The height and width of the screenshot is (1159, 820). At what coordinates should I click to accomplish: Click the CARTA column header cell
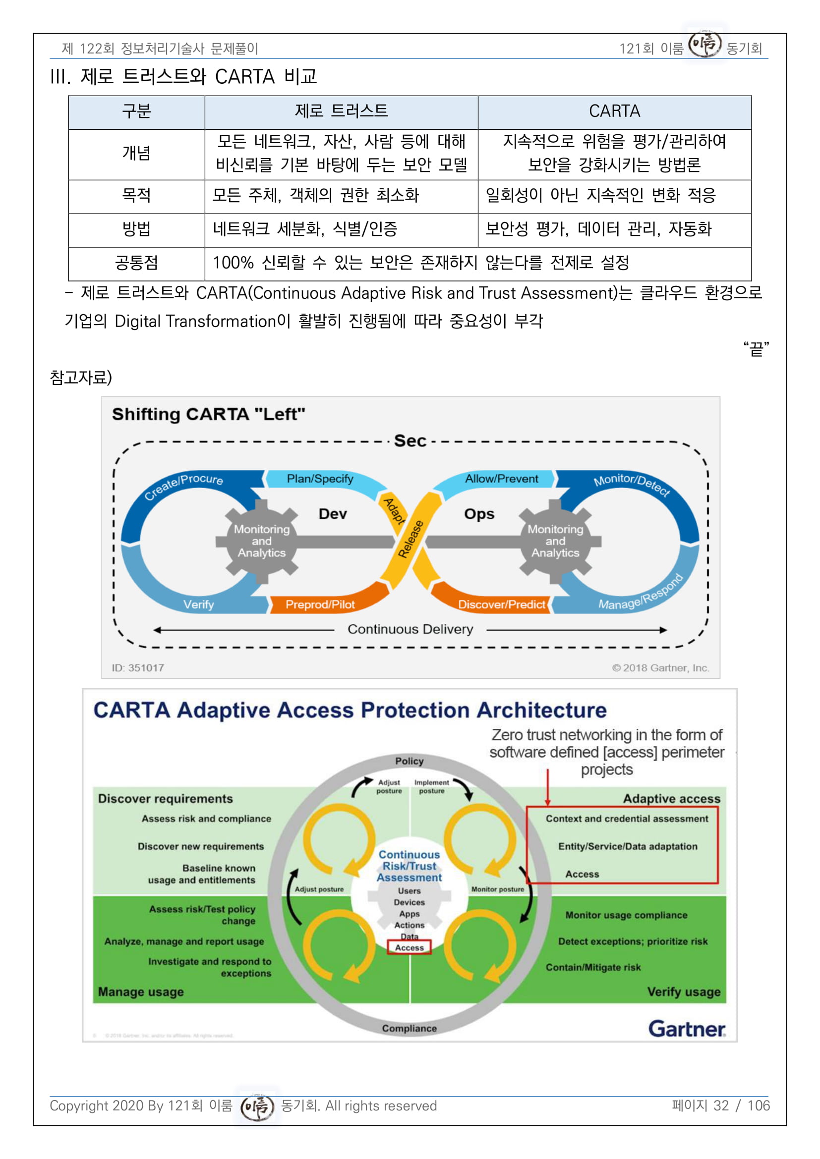614,111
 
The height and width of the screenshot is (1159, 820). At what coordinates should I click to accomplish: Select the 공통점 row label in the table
136,263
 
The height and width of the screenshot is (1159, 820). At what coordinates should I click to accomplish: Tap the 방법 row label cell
136,230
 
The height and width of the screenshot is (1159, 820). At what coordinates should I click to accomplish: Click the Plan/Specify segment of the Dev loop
320,479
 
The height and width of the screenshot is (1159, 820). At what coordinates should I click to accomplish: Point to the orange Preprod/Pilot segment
320,604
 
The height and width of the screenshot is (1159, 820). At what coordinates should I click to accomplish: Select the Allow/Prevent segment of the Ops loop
501,479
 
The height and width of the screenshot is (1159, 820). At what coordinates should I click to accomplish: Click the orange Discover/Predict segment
501,604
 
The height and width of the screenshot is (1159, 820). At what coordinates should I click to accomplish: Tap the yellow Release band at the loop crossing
410,539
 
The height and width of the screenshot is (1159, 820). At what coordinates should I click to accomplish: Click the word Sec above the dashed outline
410,441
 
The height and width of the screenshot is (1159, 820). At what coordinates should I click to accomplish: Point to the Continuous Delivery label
410,629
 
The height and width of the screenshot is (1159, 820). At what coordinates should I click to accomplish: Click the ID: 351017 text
138,668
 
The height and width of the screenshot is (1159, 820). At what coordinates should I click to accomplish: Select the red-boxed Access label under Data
410,947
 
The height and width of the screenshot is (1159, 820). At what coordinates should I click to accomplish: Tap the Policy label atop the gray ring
410,761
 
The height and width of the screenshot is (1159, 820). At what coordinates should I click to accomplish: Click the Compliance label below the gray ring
410,1028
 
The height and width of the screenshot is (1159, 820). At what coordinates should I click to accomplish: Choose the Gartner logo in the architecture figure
687,1029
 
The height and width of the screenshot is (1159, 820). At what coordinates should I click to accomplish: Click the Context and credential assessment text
627,819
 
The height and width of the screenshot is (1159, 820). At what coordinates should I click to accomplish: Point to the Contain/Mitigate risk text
593,967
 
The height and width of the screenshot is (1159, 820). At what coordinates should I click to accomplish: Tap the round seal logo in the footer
257,1106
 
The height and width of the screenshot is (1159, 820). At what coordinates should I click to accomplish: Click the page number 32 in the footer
721,1105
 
